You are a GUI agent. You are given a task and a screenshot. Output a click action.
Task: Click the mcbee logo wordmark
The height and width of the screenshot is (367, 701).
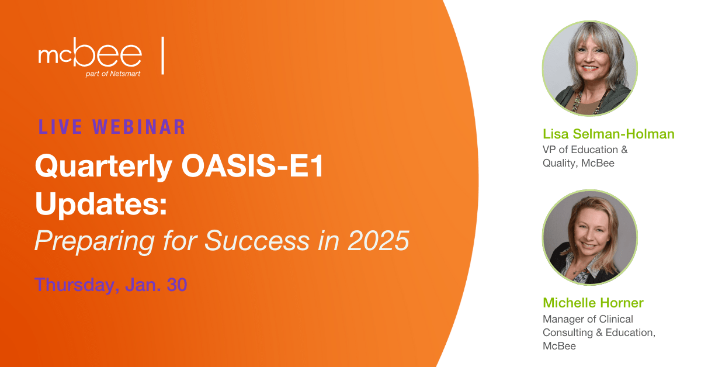coord(90,52)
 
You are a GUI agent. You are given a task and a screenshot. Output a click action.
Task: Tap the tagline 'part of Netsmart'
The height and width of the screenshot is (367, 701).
coord(113,74)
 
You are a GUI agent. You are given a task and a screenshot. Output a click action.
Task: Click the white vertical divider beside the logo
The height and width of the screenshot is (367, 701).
coord(163,56)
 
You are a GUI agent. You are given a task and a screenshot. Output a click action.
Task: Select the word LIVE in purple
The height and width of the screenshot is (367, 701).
coord(60,127)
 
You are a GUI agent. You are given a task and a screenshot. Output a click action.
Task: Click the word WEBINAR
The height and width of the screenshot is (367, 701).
coord(139,127)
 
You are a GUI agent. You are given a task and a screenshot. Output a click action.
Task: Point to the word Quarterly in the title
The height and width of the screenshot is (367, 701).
coord(103,167)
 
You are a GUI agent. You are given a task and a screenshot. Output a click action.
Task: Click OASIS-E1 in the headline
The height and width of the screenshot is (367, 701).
coord(252,165)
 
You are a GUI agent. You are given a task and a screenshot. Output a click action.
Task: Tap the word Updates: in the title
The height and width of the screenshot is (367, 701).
coord(101,203)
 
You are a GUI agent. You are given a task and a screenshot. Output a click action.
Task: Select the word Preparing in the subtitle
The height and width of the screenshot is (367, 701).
coord(95,241)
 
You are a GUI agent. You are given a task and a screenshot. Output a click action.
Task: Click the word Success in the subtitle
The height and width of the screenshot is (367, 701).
coord(257,241)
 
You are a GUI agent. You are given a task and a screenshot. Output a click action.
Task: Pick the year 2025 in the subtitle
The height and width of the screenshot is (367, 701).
coord(378,241)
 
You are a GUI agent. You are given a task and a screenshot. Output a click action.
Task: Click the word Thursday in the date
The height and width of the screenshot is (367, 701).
coord(77,285)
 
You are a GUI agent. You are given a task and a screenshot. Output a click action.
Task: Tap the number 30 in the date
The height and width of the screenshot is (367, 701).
coord(177,285)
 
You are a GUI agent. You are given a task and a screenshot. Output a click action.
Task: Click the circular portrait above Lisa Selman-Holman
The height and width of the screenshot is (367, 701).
coord(590,68)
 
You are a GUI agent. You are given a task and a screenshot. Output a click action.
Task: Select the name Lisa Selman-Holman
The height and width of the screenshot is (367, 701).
coord(608,134)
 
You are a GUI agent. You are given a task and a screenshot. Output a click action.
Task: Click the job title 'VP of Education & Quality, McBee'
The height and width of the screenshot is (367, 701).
coord(585,156)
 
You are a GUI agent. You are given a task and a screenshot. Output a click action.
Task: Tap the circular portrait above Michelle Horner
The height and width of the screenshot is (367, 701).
coord(590,237)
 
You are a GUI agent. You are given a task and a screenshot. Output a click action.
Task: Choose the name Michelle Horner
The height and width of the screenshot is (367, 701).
coord(593,303)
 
